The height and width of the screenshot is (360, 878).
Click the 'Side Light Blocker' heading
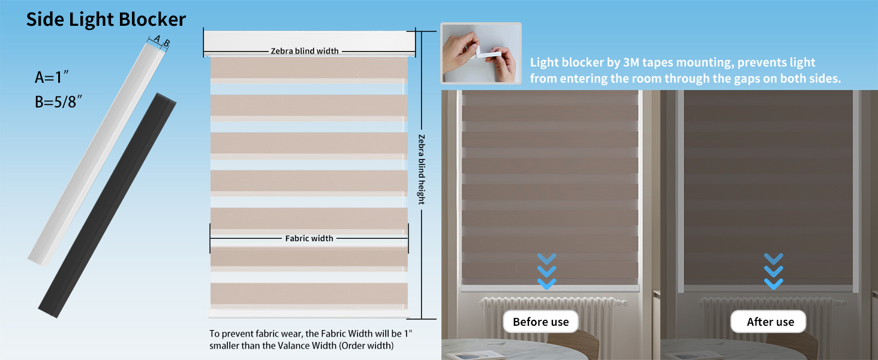[x=106, y=20]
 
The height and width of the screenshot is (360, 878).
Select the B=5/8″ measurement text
[x=58, y=101]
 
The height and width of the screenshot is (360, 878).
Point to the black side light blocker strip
[x=108, y=204]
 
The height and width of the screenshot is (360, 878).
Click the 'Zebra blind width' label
[x=304, y=51]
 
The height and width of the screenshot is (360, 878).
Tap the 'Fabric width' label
[x=309, y=238]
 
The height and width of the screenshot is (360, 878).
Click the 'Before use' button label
[x=540, y=322]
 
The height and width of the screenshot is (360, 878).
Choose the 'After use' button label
[x=770, y=322]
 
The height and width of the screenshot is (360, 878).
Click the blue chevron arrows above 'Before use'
[x=546, y=271]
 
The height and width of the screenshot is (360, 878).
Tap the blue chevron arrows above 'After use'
[x=774, y=271]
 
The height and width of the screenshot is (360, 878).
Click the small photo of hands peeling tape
[x=480, y=53]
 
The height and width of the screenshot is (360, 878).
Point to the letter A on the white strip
[x=157, y=40]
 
